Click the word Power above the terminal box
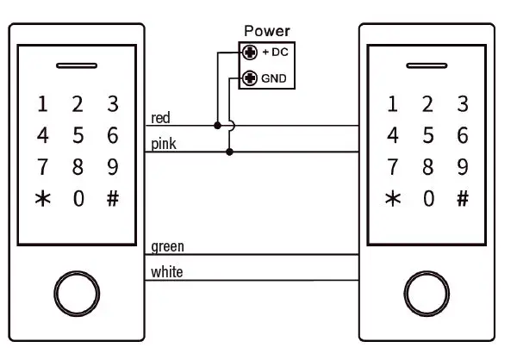tap(267, 32)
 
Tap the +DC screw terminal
tap(251, 52)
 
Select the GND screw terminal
tap(251, 79)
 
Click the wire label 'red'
tap(160, 117)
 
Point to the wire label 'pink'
tap(164, 144)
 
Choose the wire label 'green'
tap(167, 247)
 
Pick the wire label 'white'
tap(166, 272)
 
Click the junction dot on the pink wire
tap(229, 152)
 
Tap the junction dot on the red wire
tap(217, 126)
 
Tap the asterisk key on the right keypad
tap(392, 198)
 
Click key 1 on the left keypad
tap(42, 105)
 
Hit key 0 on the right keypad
tap(427, 198)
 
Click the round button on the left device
tap(78, 295)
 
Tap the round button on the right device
tap(427, 295)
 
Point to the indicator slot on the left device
tap(78, 65)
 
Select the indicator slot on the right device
tap(427, 65)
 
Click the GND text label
tap(273, 79)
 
